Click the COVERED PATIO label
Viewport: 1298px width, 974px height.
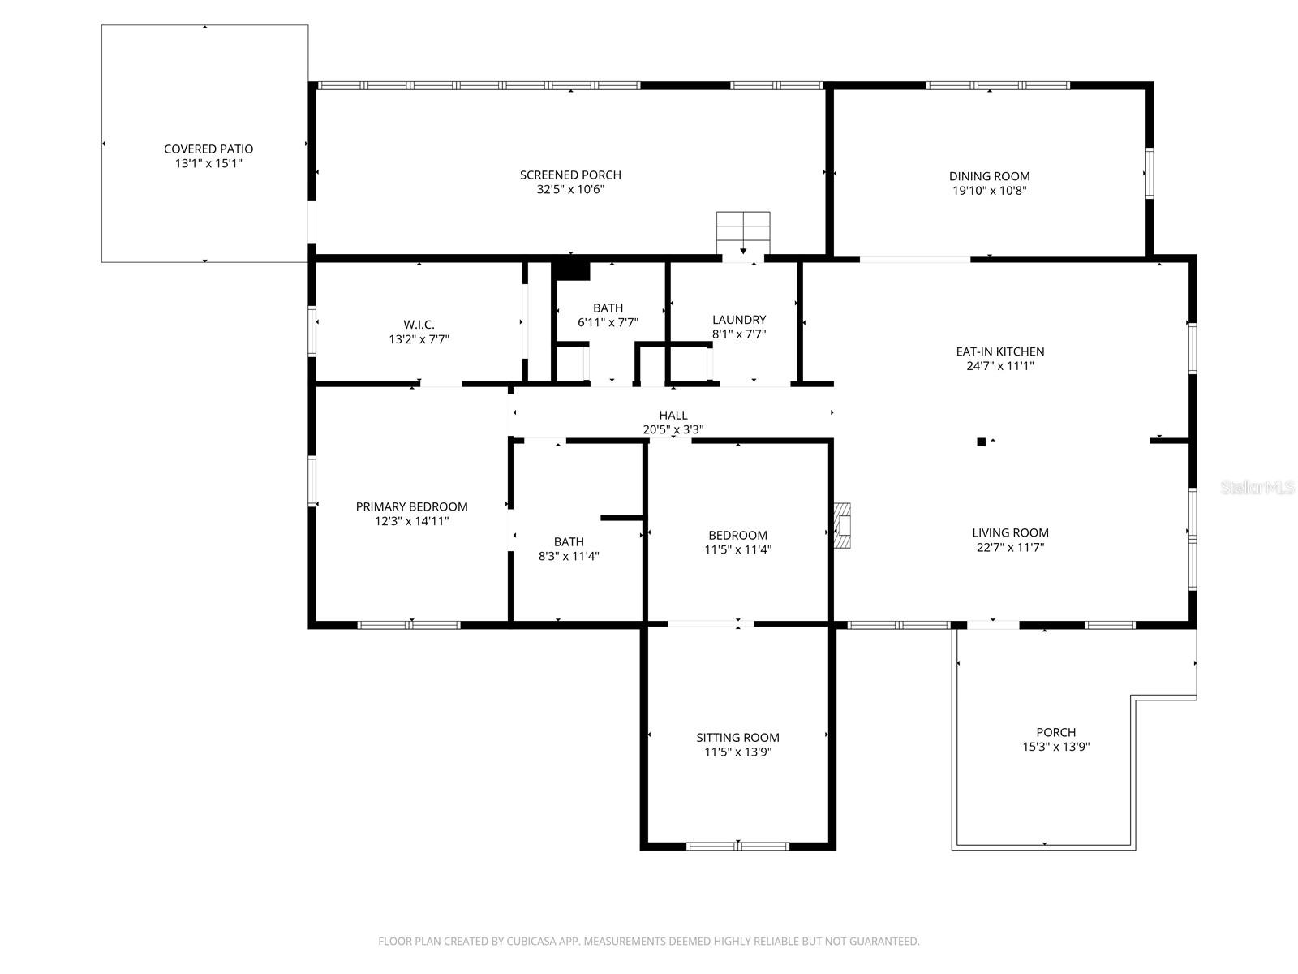click(208, 149)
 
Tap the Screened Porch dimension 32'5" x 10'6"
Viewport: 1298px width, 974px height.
click(570, 190)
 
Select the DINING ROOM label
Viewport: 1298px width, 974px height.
click(989, 176)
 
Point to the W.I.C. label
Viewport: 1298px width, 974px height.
click(419, 325)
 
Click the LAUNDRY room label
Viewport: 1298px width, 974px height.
click(738, 320)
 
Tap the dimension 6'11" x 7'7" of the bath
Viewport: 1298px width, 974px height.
click(608, 322)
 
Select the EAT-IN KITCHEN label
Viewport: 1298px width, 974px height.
click(999, 351)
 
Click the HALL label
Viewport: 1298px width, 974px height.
click(673, 416)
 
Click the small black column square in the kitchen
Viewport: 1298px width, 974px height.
click(981, 442)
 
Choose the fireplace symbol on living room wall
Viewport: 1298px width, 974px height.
click(842, 525)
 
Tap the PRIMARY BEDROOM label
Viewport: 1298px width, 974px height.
click(411, 506)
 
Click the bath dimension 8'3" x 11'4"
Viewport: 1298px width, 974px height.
click(569, 557)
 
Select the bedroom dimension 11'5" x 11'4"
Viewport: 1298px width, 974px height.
click(737, 549)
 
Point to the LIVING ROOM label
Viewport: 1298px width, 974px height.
click(1010, 532)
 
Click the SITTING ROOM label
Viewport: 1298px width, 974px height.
click(737, 737)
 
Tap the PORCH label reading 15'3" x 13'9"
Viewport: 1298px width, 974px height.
click(1055, 732)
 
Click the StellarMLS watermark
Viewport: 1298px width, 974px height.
click(1257, 487)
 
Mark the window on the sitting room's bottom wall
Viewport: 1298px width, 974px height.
click(737, 846)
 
